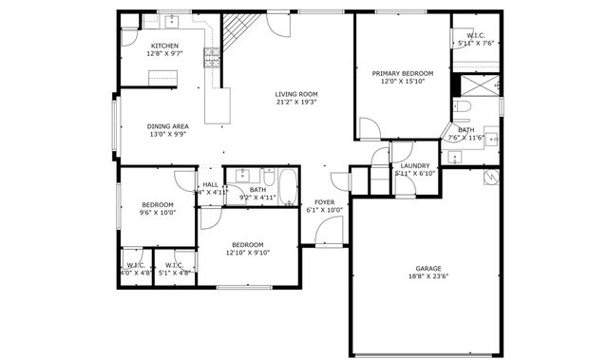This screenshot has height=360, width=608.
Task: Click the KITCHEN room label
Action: click(163, 46)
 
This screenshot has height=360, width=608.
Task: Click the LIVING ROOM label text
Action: click(295, 94)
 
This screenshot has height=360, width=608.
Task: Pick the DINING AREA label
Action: click(166, 125)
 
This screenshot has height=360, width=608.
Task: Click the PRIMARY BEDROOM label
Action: click(403, 73)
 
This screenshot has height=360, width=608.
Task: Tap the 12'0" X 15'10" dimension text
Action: click(403, 82)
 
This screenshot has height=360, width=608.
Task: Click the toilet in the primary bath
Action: click(462, 105)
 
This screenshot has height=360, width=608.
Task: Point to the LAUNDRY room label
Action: click(415, 165)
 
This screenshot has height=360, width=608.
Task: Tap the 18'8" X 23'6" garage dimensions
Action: click(428, 277)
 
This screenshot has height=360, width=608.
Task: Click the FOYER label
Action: click(324, 201)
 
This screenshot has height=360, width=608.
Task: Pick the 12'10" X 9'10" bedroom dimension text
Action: click(248, 253)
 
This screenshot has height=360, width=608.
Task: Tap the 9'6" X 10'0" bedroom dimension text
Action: click(158, 213)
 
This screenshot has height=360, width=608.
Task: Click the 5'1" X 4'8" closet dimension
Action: click(175, 273)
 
